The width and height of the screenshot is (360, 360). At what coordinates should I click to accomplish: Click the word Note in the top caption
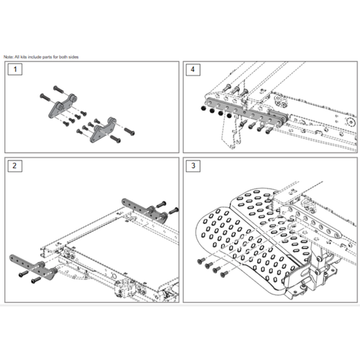(x=8, y=56)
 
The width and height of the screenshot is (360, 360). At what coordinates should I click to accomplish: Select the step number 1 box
(x=13, y=70)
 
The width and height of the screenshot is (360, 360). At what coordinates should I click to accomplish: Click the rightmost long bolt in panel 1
(x=131, y=132)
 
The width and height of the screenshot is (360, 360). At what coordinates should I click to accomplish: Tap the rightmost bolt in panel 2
(x=174, y=211)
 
